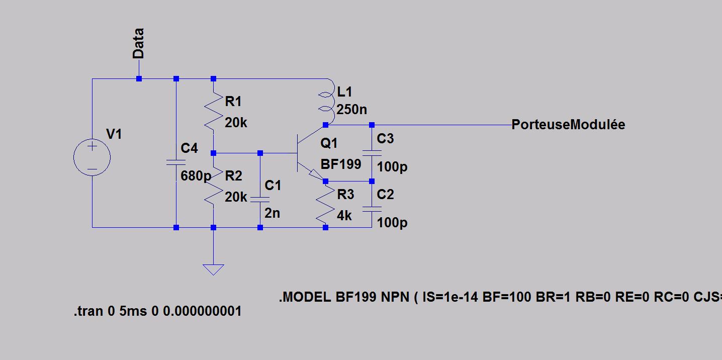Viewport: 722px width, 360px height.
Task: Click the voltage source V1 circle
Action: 92,157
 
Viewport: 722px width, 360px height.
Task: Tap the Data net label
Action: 138,44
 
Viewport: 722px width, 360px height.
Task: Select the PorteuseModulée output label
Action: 568,125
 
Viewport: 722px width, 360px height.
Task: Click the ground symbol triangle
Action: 213,269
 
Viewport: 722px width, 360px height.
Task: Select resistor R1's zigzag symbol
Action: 213,113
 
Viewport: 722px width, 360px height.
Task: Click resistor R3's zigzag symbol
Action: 325,204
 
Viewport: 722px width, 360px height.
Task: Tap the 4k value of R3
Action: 344,216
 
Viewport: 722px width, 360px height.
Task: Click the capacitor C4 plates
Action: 176,162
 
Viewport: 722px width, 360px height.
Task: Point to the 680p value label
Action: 196,176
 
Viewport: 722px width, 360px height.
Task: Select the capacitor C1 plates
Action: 260,199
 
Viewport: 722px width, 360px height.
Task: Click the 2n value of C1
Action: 272,213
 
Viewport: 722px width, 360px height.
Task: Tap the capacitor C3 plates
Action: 372,153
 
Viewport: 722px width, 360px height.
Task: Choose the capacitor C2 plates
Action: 372,208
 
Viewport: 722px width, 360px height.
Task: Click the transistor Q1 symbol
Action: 307,153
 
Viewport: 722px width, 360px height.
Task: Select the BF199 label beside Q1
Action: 341,164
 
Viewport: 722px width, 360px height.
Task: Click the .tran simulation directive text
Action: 157,311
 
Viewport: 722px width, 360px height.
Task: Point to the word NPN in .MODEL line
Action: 395,297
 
